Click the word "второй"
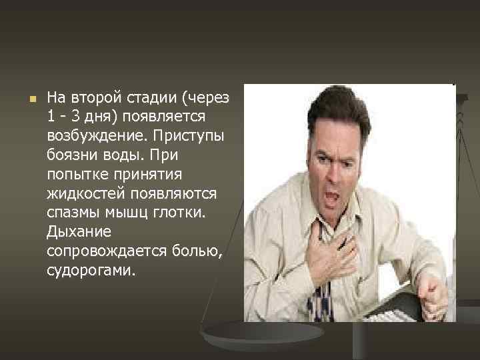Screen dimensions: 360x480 click(x=92, y=97)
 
